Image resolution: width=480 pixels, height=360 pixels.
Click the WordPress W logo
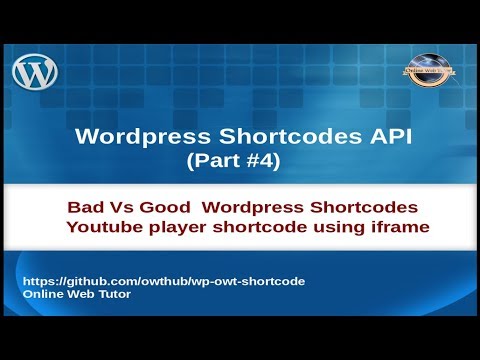coord(36,73)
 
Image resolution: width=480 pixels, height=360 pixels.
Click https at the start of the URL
coord(40,282)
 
